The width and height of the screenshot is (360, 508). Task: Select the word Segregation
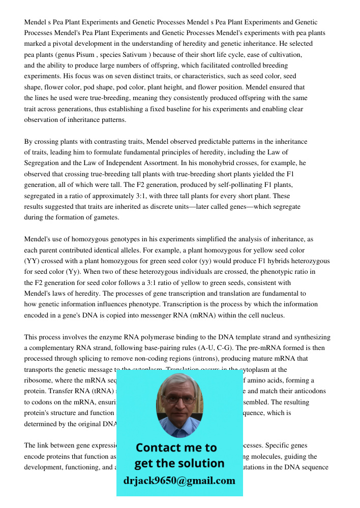coord(44,163)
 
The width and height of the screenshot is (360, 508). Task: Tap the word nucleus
coord(269,315)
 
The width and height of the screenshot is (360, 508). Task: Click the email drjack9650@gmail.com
coord(179,481)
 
